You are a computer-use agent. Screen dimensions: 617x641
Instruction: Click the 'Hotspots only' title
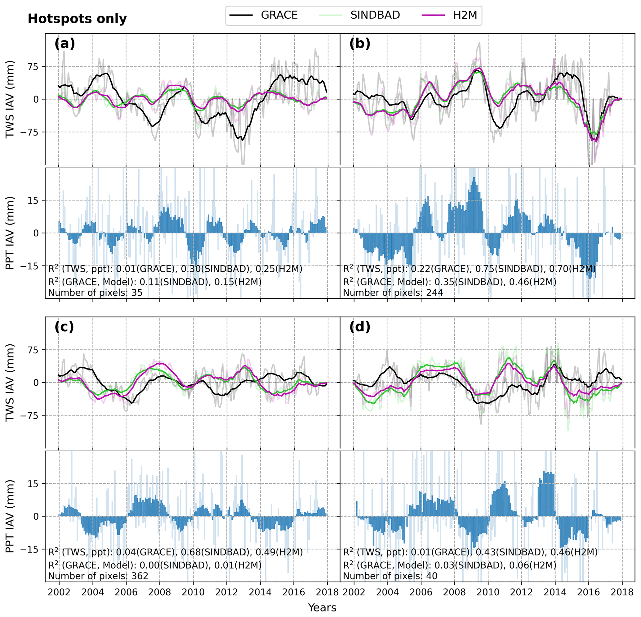[x=77, y=19]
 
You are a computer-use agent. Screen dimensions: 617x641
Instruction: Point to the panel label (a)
[x=65, y=43]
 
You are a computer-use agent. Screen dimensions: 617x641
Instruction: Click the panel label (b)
[x=360, y=43]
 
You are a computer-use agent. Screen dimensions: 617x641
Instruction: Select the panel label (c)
[x=65, y=327]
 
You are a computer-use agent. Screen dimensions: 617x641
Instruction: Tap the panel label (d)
[x=360, y=327]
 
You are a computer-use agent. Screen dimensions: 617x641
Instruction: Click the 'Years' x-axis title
[x=322, y=608]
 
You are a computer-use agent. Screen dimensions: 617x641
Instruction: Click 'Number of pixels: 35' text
[x=96, y=293]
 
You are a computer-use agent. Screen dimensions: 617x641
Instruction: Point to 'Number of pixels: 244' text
[x=393, y=293]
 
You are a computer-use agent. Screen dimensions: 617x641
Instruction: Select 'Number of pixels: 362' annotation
[x=98, y=576]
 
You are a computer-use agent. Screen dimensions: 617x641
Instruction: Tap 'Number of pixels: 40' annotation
[x=390, y=576]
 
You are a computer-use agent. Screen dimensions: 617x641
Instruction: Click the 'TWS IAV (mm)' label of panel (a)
[x=11, y=99]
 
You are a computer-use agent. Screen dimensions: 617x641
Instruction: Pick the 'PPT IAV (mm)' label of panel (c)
[x=11, y=516]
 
